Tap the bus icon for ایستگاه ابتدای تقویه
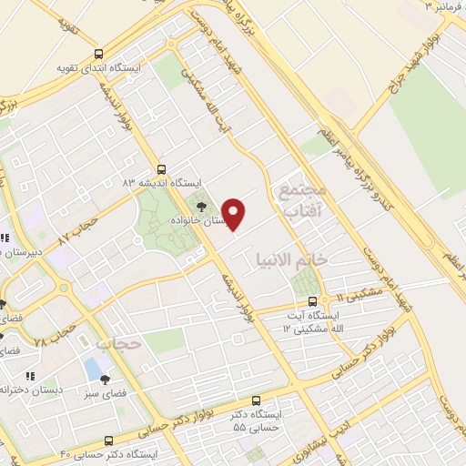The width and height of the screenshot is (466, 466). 98,54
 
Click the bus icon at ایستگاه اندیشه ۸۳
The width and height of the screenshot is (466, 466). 161,169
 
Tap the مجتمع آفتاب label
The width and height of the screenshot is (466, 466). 301,202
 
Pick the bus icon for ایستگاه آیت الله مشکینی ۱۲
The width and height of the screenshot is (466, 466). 312,300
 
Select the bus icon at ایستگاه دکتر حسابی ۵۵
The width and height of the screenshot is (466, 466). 256,400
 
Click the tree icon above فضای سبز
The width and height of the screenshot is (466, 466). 106,380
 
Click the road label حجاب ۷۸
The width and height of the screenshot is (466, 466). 54,340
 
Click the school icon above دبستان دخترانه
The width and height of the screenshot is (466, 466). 30,375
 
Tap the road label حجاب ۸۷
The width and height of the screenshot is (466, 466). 78,228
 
